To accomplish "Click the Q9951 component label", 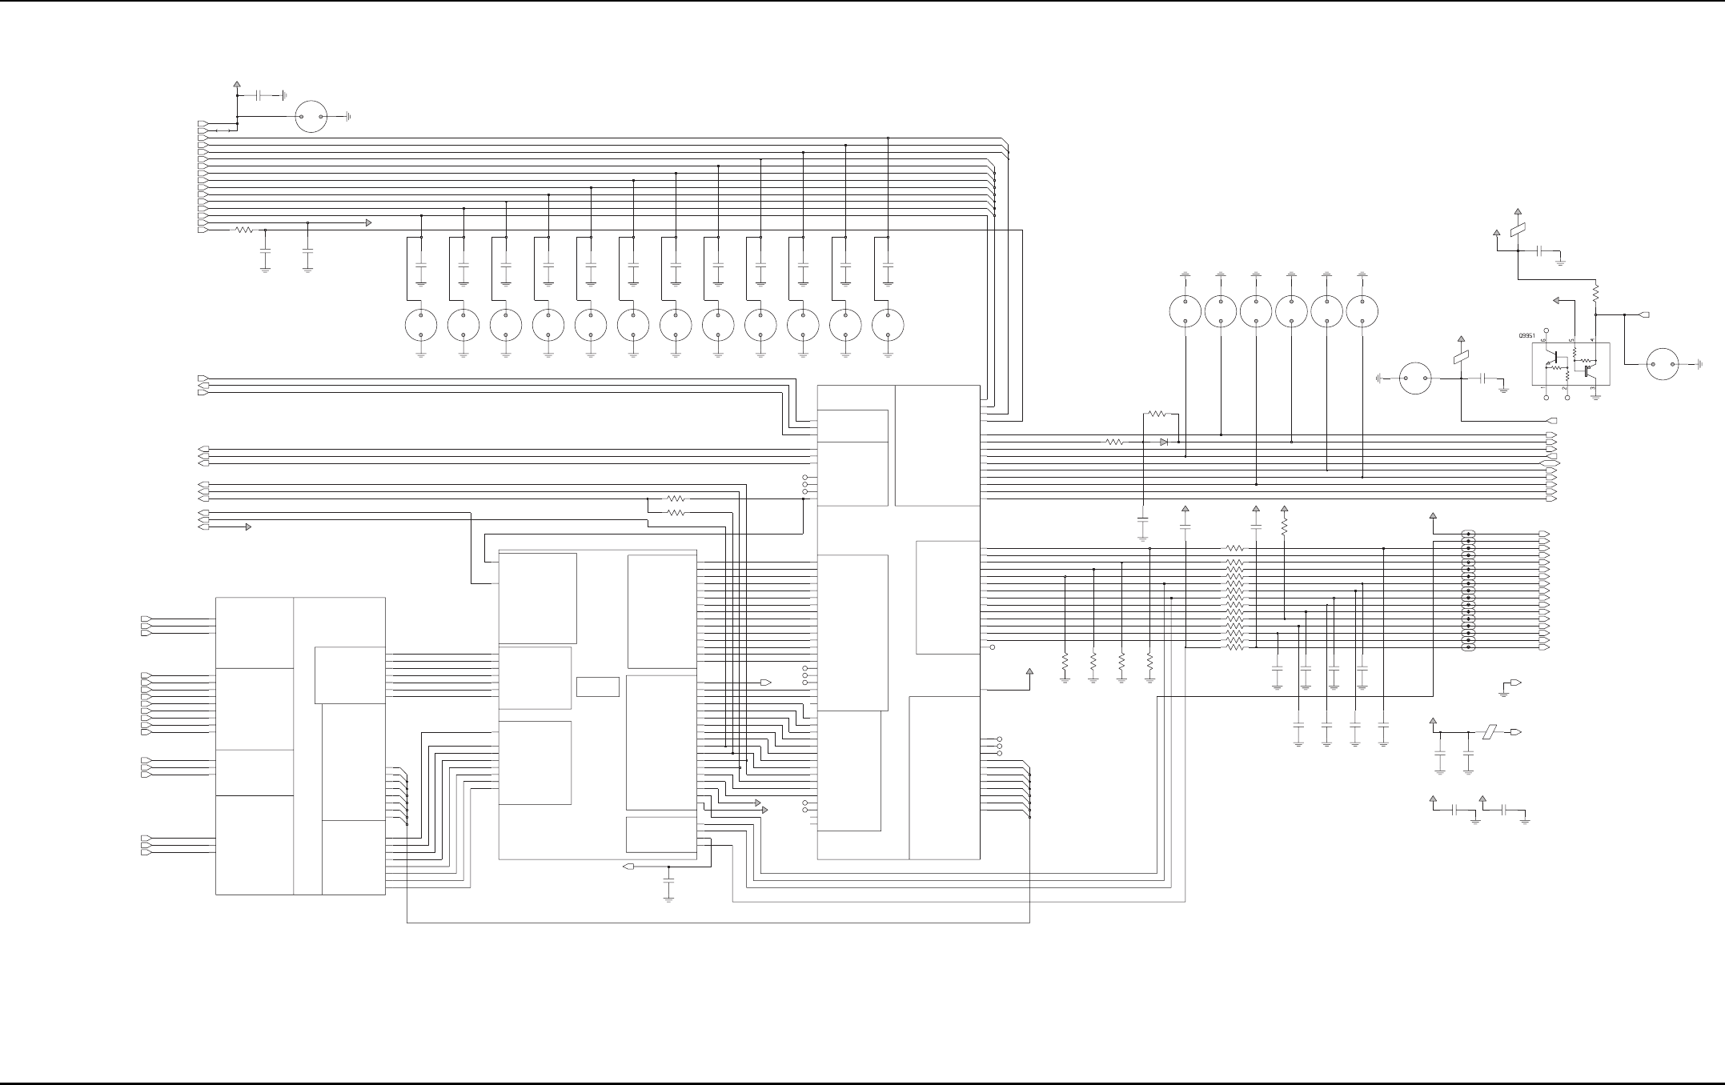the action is tap(1528, 336).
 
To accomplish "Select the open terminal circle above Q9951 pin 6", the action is tap(1546, 330).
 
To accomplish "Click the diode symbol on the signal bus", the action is tap(1164, 442).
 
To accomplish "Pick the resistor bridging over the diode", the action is tap(1157, 414).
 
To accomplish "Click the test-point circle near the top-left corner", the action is tap(311, 117).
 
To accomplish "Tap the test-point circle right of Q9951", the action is tap(1663, 364).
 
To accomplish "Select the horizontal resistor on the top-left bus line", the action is tap(244, 230).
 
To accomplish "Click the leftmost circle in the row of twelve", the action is tap(421, 325).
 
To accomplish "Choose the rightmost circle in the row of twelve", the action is tap(888, 325).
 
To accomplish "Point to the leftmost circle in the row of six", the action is tap(1185, 311).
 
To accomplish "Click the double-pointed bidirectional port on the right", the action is tap(1550, 463).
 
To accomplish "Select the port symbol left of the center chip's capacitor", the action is tap(628, 867).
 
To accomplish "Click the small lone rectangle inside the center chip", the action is tap(597, 687).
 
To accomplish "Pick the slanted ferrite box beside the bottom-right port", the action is tap(1490, 732).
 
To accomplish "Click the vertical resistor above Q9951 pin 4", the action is tap(1595, 294).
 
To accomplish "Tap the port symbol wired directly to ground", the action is tap(1514, 683).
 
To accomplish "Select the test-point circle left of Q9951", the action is tap(1415, 378).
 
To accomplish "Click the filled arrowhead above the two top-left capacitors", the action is tap(368, 222).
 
